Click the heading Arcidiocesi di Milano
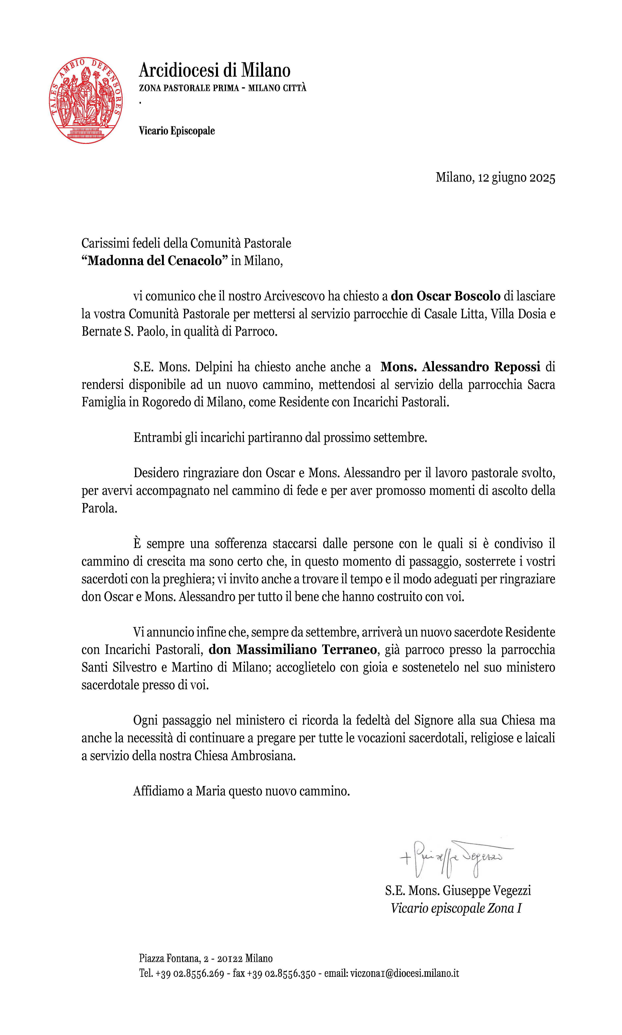click(215, 70)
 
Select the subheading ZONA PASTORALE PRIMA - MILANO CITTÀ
click(223, 88)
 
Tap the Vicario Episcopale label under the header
click(177, 131)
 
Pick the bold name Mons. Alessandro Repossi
click(460, 367)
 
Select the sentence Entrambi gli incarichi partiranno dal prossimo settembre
click(280, 437)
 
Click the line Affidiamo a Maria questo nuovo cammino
click(241, 791)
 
